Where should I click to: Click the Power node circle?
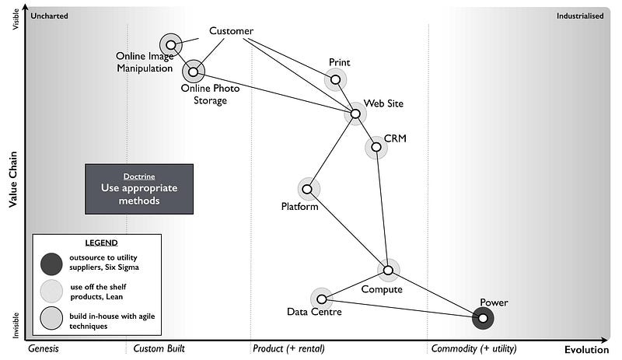pyautogui.click(x=483, y=317)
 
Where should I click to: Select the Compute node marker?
pyautogui.click(x=388, y=270)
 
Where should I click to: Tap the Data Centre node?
pyautogui.click(x=321, y=299)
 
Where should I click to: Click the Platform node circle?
pyautogui.click(x=307, y=189)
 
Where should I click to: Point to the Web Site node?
pyautogui.click(x=355, y=114)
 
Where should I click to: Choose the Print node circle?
pyautogui.click(x=335, y=79)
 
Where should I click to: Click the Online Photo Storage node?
pyautogui.click(x=193, y=72)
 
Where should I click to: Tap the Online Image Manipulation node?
pyautogui.click(x=170, y=45)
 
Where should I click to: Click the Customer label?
pyautogui.click(x=231, y=31)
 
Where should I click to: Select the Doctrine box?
pyautogui.click(x=139, y=188)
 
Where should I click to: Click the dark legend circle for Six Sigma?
pyautogui.click(x=51, y=264)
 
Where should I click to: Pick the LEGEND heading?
pyautogui.click(x=96, y=243)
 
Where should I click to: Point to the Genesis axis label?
pyautogui.click(x=44, y=349)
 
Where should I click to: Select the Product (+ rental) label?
pyautogui.click(x=288, y=349)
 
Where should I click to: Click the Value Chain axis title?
pyautogui.click(x=12, y=179)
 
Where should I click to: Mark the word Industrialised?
pyautogui.click(x=580, y=16)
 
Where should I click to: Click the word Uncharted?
pyautogui.click(x=50, y=16)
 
